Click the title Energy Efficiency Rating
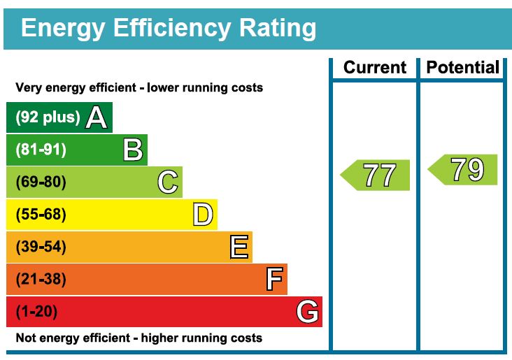pos(169,29)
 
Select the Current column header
pos(374,68)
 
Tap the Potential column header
pos(462,68)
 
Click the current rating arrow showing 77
pos(376,175)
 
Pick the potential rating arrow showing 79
pos(464,170)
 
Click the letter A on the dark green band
pos(97,117)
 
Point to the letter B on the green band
pos(132,150)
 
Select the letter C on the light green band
pos(167,182)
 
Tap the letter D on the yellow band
pos(202,215)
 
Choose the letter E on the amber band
pos(239,247)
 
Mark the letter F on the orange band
pos(274,280)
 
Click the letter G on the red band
pos(307,312)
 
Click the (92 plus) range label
pos(48,117)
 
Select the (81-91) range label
pos(41,150)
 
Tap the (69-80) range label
pos(41,182)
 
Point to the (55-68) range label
pos(41,215)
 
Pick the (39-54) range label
pos(41,247)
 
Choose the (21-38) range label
pos(41,280)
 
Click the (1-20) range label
pos(36,312)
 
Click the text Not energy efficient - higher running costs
pos(138,338)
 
